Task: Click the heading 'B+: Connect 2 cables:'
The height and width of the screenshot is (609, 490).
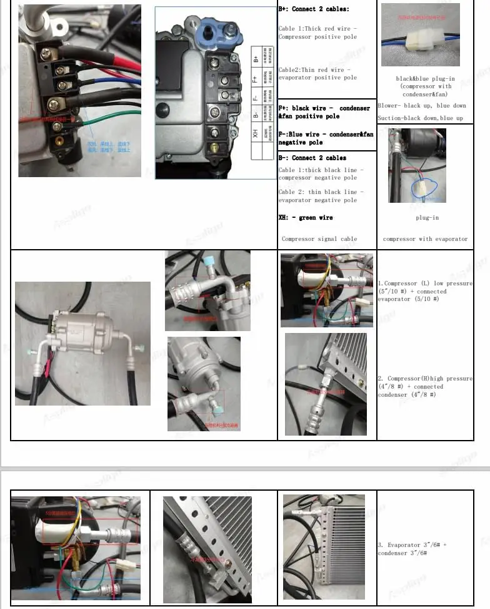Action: [314, 9]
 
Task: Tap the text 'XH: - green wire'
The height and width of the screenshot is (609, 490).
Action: [306, 218]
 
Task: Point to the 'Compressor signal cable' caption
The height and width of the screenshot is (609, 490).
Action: [319, 239]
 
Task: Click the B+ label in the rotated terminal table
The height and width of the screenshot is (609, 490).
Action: [256, 59]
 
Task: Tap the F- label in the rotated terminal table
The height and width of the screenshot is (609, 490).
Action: [256, 97]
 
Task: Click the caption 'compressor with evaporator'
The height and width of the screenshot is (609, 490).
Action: [425, 239]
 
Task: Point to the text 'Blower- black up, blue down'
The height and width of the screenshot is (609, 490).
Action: [422, 106]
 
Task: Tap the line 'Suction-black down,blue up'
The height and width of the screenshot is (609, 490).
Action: [421, 118]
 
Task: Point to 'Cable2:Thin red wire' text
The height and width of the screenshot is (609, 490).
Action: [317, 73]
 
